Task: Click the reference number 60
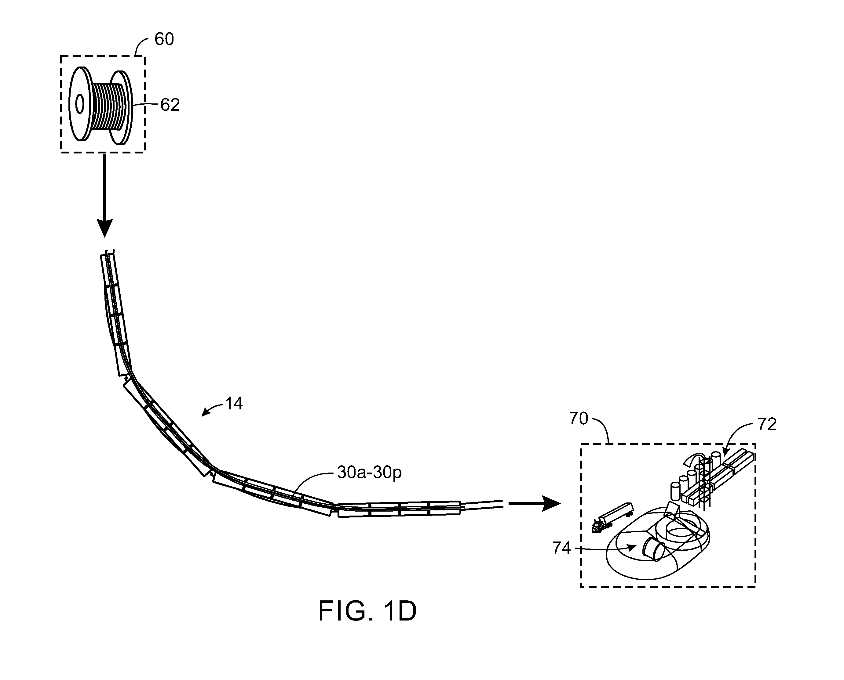(164, 39)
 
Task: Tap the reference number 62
(170, 105)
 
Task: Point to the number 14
(234, 404)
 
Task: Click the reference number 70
(579, 419)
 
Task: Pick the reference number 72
(767, 425)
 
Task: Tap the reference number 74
(562, 548)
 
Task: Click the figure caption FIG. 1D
(367, 611)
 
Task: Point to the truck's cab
(598, 526)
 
